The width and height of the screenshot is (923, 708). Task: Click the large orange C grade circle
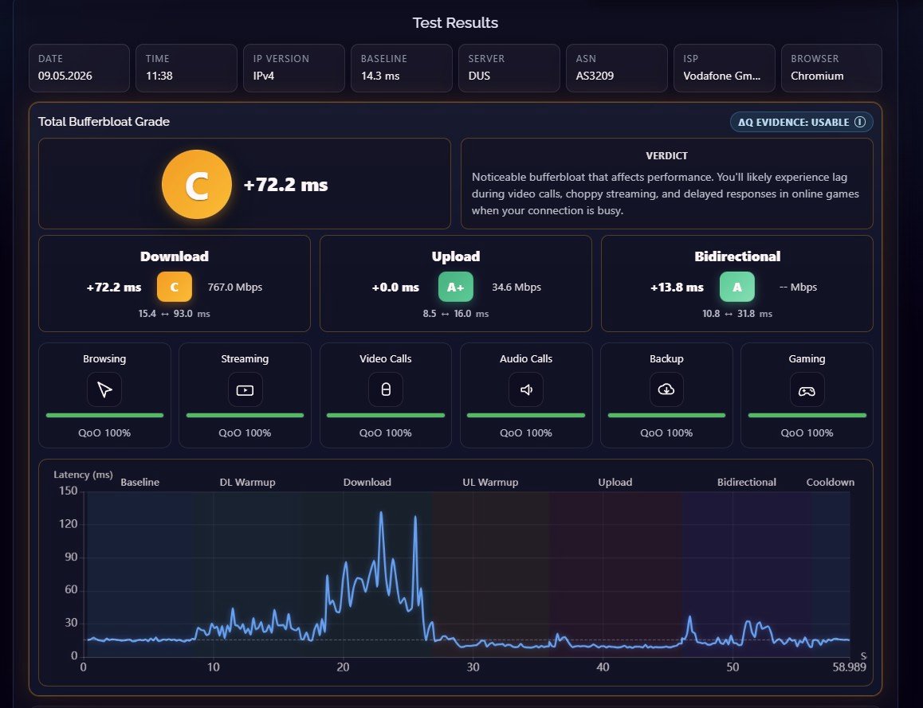point(197,184)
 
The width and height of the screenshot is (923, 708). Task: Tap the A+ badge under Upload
point(456,287)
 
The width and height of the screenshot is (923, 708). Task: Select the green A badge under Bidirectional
point(737,287)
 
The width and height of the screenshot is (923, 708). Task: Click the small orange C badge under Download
point(175,287)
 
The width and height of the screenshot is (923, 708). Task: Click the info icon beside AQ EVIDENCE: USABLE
point(860,122)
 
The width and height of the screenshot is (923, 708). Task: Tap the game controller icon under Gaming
point(807,390)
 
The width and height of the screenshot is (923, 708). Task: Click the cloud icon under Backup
point(666,389)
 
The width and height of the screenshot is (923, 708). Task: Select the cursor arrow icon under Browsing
point(104,389)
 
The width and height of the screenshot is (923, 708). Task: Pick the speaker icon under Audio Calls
point(526,389)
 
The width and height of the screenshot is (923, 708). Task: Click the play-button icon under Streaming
point(245,390)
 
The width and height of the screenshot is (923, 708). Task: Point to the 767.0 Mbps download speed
point(235,287)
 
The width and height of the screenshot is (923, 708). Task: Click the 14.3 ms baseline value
point(380,76)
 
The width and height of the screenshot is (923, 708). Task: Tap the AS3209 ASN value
point(595,76)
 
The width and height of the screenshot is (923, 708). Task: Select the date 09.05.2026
point(65,76)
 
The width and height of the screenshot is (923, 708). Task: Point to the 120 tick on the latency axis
point(69,524)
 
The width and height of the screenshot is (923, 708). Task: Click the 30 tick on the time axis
point(473,667)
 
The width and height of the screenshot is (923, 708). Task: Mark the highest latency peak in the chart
point(381,513)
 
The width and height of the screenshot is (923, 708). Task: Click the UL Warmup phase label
point(490,482)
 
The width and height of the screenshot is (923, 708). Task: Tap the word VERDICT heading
point(666,156)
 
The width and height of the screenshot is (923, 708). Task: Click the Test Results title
point(455,23)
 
